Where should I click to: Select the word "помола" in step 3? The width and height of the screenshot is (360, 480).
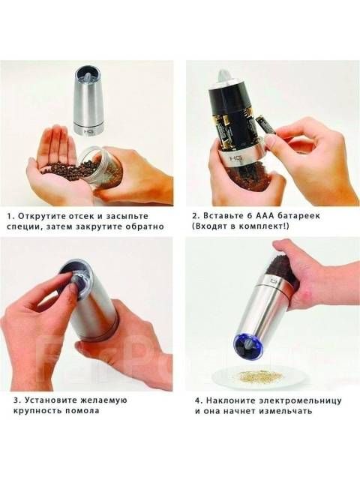tap(82, 410)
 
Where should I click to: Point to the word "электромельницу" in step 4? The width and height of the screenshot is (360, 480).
tap(300, 400)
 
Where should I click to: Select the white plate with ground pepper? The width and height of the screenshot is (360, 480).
tap(259, 377)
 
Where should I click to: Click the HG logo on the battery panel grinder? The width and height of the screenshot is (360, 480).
tap(236, 159)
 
